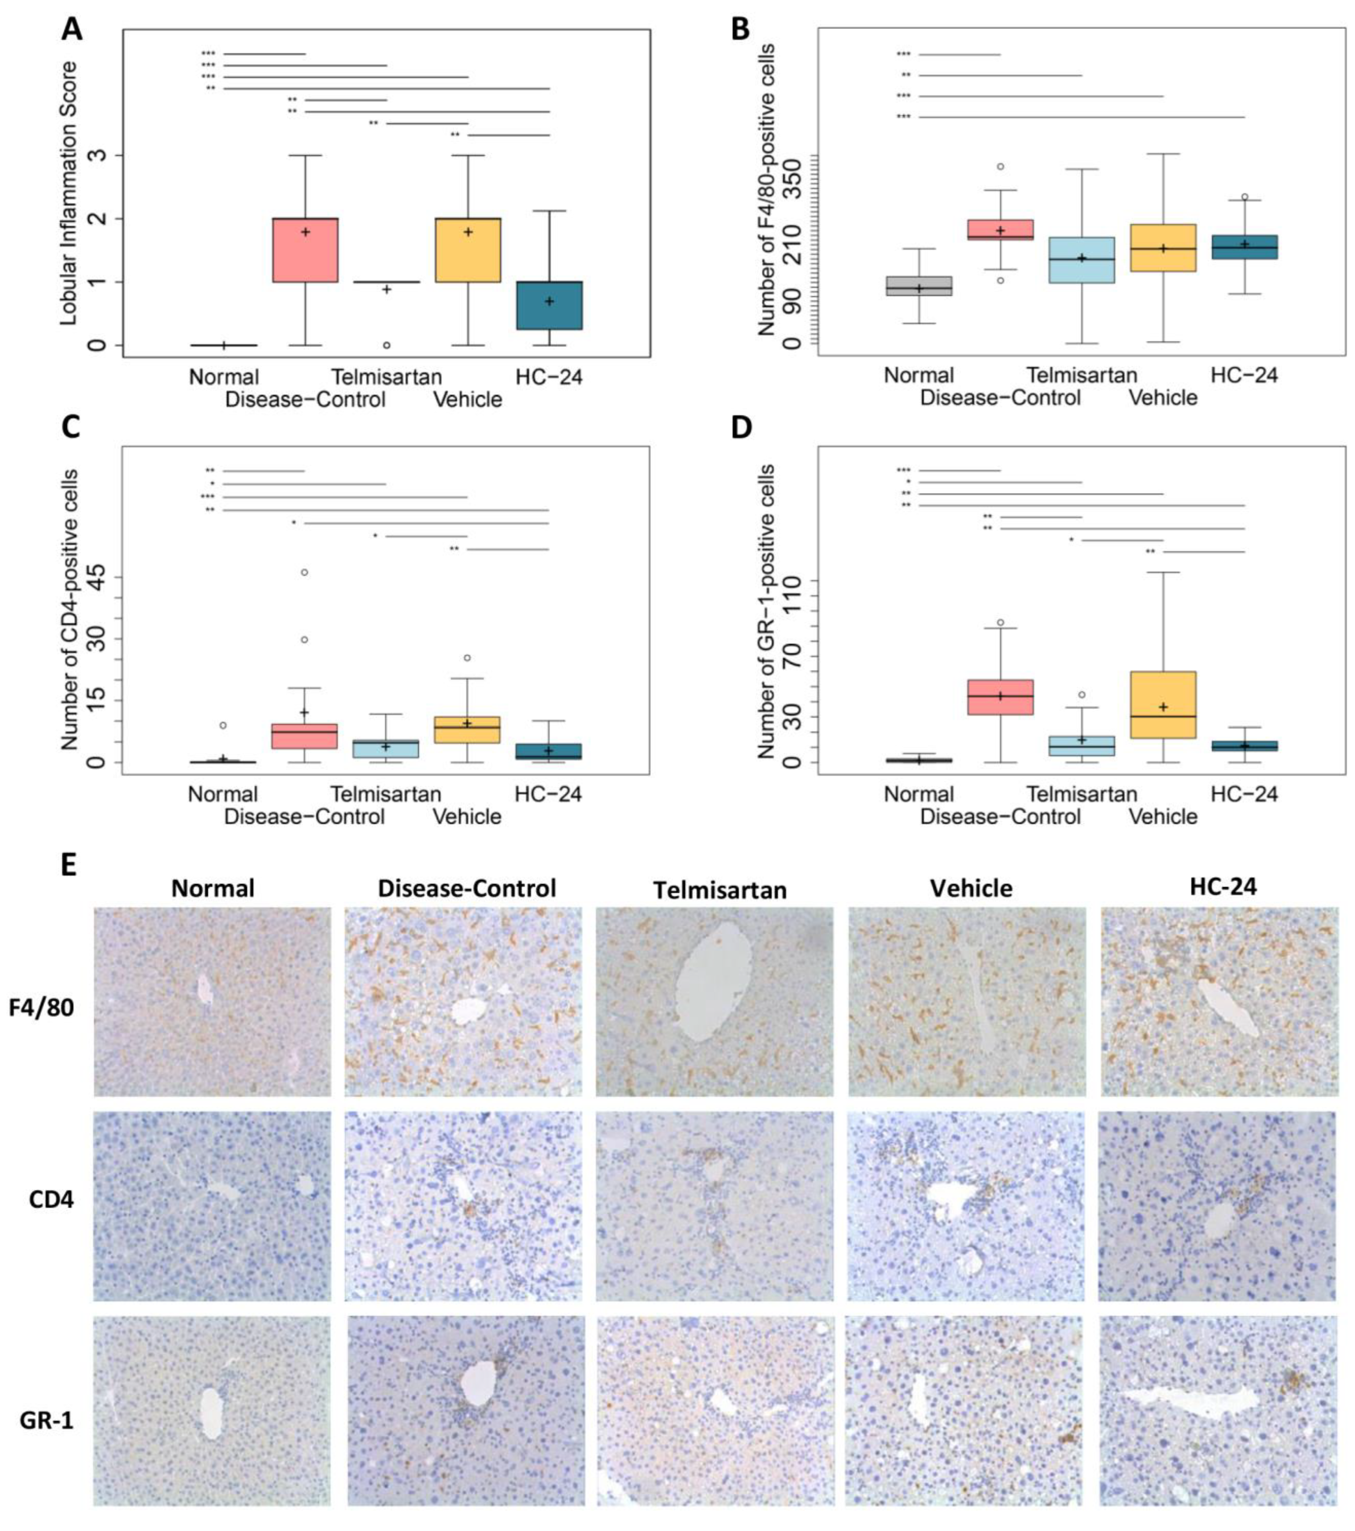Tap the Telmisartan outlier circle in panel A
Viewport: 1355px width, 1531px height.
click(386, 345)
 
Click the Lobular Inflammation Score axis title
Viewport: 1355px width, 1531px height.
click(69, 193)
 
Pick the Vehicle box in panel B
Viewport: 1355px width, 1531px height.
click(1163, 247)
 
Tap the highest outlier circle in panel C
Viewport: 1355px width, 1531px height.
click(304, 572)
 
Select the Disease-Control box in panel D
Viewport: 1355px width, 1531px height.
click(1000, 697)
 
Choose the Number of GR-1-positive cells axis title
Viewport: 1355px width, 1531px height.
click(766, 610)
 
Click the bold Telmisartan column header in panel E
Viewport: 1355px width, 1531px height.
click(720, 890)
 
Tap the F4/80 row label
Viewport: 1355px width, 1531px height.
click(47, 1007)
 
